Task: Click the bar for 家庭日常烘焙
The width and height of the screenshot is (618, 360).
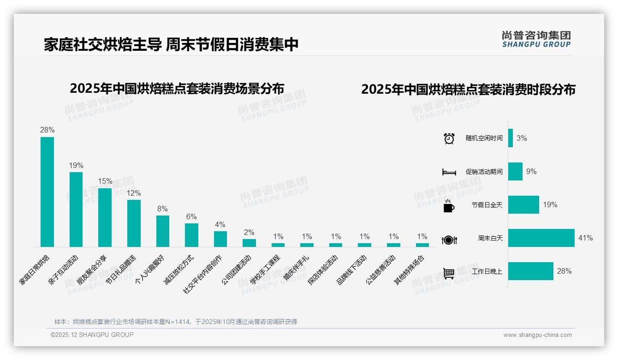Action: [47, 192]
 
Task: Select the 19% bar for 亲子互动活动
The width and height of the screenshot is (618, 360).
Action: [76, 209]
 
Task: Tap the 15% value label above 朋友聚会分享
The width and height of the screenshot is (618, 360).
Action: [105, 181]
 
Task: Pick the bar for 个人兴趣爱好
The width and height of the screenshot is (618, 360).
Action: [163, 231]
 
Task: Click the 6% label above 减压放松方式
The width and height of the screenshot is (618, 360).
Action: [191, 216]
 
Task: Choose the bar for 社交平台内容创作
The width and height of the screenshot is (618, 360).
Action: [220, 239]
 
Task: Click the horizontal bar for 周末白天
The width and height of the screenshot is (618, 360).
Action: [541, 238]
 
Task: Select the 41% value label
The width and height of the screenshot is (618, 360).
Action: [585, 238]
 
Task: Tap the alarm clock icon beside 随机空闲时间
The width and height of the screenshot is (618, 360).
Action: [449, 138]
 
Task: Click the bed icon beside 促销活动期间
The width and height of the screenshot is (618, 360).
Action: [449, 172]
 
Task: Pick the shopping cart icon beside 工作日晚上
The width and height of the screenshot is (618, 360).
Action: [449, 273]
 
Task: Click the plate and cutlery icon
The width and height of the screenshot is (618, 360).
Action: [449, 240]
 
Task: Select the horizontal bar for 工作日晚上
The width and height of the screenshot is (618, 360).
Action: [530, 271]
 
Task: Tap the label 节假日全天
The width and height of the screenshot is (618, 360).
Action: [487, 205]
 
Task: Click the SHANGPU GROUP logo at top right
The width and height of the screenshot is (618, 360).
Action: [536, 39]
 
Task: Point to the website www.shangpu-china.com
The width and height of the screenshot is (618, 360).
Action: [537, 335]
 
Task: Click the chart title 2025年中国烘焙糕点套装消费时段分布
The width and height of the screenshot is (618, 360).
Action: [468, 90]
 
